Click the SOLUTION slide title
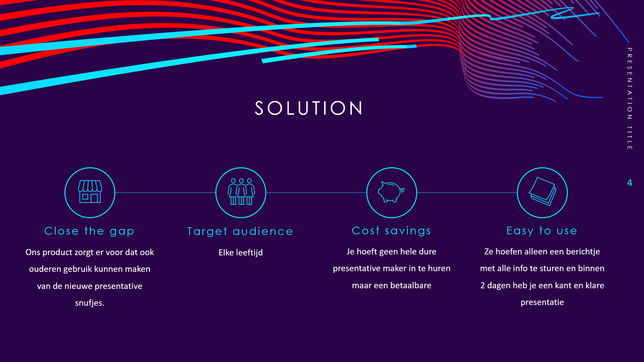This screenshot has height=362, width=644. pyautogui.click(x=309, y=108)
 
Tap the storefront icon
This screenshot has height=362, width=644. pyautogui.click(x=90, y=191)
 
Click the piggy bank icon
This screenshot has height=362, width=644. pyautogui.click(x=391, y=192)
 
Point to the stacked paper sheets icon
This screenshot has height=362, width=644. pyautogui.click(x=542, y=191)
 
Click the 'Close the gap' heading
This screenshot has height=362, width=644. pyautogui.click(x=89, y=231)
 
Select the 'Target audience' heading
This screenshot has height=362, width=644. pyautogui.click(x=240, y=231)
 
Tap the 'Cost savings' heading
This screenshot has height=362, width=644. pyautogui.click(x=391, y=231)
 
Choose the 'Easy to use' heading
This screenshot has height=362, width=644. pyautogui.click(x=542, y=231)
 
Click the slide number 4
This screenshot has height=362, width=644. pyautogui.click(x=630, y=183)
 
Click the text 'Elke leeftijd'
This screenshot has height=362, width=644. pyautogui.click(x=240, y=252)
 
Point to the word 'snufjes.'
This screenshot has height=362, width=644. pyautogui.click(x=90, y=303)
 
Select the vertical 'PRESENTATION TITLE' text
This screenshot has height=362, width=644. pyautogui.click(x=630, y=99)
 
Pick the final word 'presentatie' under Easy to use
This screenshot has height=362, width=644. pyautogui.click(x=542, y=302)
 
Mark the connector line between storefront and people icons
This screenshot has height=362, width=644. pyautogui.click(x=165, y=192)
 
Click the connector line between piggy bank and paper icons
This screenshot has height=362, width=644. pyautogui.click(x=467, y=192)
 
